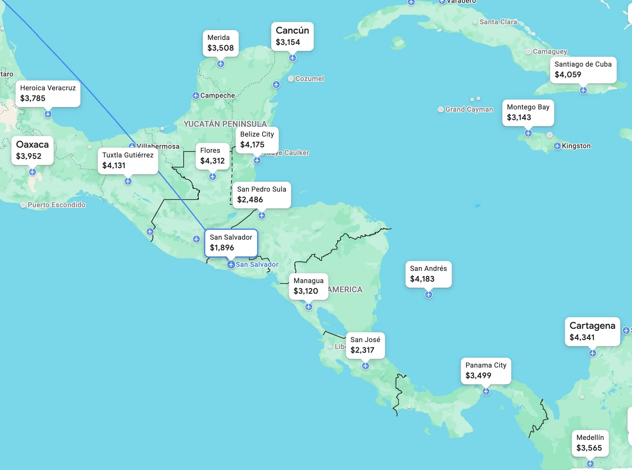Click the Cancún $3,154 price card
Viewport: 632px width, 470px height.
pos(292,36)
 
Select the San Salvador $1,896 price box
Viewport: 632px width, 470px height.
pos(231,243)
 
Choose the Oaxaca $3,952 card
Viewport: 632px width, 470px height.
pos(32,150)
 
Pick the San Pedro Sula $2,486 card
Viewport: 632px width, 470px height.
pos(262,194)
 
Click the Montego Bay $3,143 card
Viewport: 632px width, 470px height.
pos(528,112)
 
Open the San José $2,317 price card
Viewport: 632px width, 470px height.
pos(365,345)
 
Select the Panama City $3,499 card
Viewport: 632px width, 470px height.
pos(486,370)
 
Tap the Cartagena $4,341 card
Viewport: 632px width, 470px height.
pos(592,331)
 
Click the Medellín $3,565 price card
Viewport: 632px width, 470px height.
pos(590,443)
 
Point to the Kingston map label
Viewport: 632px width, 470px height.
pos(576,146)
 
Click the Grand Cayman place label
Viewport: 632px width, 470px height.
pos(469,109)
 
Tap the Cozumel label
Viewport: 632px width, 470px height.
pos(309,79)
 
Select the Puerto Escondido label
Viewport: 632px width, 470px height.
pos(56,205)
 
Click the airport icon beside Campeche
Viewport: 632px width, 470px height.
pos(196,95)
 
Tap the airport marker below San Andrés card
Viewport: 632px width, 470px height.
pos(428,295)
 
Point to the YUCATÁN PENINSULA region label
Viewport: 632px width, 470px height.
pos(225,124)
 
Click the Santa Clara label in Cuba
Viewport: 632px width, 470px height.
pos(498,22)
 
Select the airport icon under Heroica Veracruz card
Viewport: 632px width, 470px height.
pos(48,114)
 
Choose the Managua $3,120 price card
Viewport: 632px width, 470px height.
pos(308,286)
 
